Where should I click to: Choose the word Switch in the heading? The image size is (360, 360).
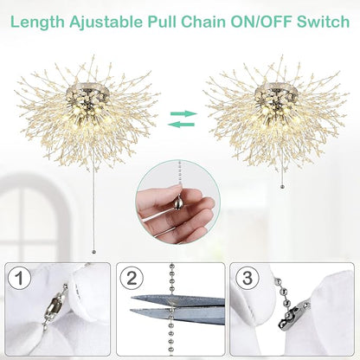(x=319, y=17)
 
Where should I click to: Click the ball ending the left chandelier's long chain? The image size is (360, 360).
(x=93, y=252)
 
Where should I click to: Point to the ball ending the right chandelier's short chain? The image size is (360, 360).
(x=282, y=184)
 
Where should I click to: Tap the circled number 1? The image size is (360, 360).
(x=21, y=280)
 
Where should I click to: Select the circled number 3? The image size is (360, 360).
(x=247, y=280)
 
